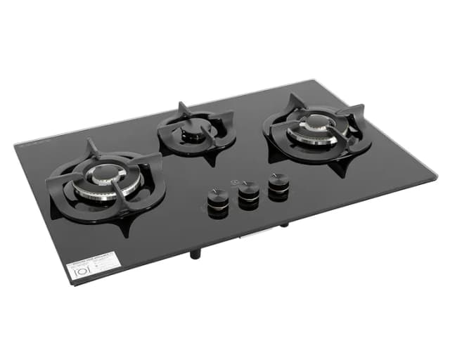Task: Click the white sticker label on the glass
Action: pyautogui.click(x=89, y=266)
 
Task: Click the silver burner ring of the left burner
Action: pyautogui.click(x=112, y=188)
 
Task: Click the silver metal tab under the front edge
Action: pyautogui.click(x=251, y=236)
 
